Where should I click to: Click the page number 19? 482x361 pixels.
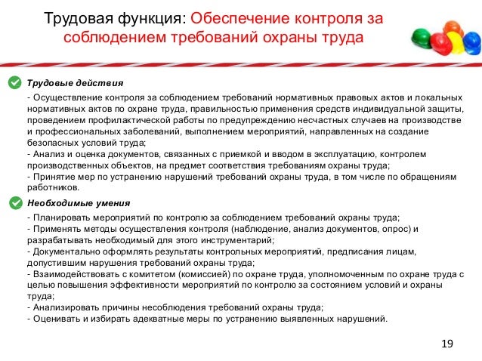446,344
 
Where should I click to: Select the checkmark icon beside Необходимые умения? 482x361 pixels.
14,202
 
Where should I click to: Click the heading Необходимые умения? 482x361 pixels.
79,202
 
